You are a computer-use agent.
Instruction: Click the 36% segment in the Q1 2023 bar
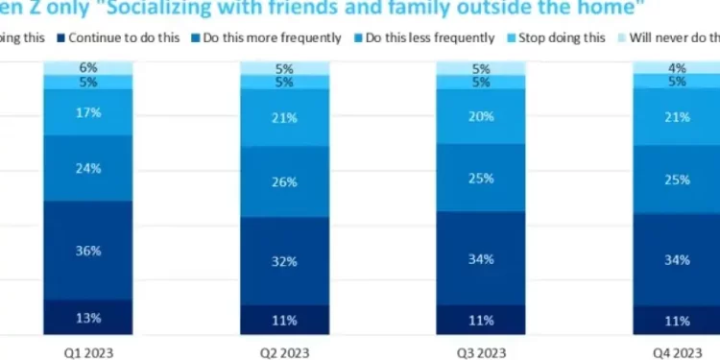(87, 250)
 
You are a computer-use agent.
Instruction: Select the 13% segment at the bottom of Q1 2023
(87, 317)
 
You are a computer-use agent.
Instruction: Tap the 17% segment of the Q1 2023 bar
(87, 112)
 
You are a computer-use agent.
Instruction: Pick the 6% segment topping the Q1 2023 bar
(87, 67)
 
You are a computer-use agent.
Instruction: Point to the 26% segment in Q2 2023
(284, 180)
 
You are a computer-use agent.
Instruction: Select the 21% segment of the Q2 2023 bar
(284, 117)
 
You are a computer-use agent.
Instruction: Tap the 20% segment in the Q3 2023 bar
(481, 116)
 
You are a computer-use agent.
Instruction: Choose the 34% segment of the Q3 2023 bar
(481, 257)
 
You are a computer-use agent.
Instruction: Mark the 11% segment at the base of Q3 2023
(481, 320)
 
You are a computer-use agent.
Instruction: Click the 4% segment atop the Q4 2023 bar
(677, 66)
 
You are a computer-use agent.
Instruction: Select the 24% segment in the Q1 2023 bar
(87, 168)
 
